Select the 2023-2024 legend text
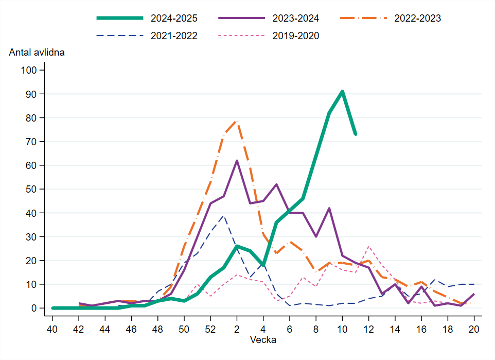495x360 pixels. (x=295, y=19)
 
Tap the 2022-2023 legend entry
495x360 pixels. (x=417, y=19)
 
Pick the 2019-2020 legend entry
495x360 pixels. (x=295, y=36)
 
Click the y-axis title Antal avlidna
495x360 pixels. (x=36, y=52)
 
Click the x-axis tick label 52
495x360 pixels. (x=210, y=329)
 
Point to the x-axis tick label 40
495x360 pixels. (x=52, y=329)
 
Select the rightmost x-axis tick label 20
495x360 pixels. (x=473, y=329)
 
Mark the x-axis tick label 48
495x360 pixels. (x=158, y=329)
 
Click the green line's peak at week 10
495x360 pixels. (x=342, y=92)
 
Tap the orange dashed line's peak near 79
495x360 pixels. (x=237, y=121)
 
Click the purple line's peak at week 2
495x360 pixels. (x=237, y=161)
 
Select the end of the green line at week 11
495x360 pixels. (x=355, y=134)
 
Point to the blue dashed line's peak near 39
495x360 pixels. (x=223, y=216)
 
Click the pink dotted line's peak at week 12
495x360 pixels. (x=368, y=247)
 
